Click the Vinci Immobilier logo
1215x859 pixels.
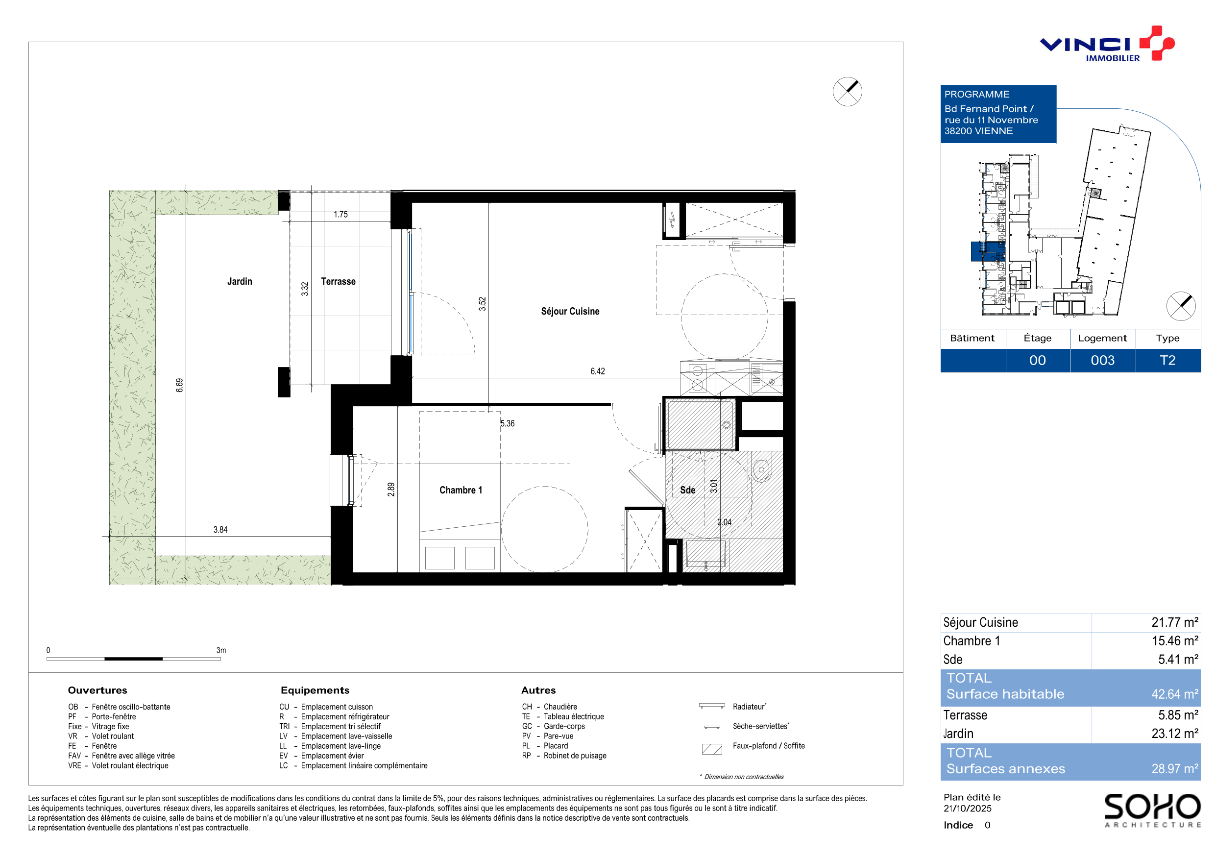pyautogui.click(x=1107, y=44)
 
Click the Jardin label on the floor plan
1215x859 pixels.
pyautogui.click(x=240, y=282)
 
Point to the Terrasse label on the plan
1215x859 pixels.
pyautogui.click(x=338, y=282)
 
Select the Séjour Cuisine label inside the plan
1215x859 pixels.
pyautogui.click(x=570, y=311)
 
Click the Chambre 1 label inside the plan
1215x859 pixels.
pyautogui.click(x=461, y=490)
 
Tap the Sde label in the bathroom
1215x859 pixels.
pyautogui.click(x=687, y=490)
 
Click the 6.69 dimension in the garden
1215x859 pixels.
pyautogui.click(x=179, y=385)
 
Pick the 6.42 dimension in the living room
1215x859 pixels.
pyautogui.click(x=597, y=371)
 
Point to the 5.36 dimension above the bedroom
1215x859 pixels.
pyautogui.click(x=508, y=423)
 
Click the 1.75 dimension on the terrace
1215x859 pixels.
pyautogui.click(x=341, y=214)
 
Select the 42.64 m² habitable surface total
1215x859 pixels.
pyautogui.click(x=1175, y=694)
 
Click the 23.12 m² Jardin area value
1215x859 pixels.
pyautogui.click(x=1175, y=734)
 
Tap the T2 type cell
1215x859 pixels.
pyautogui.click(x=1167, y=361)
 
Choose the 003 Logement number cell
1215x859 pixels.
pyautogui.click(x=1102, y=361)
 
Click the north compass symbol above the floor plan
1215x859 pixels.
pyautogui.click(x=847, y=92)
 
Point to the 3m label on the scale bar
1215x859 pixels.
pyautogui.click(x=221, y=650)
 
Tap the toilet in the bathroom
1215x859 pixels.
pyautogui.click(x=761, y=467)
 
